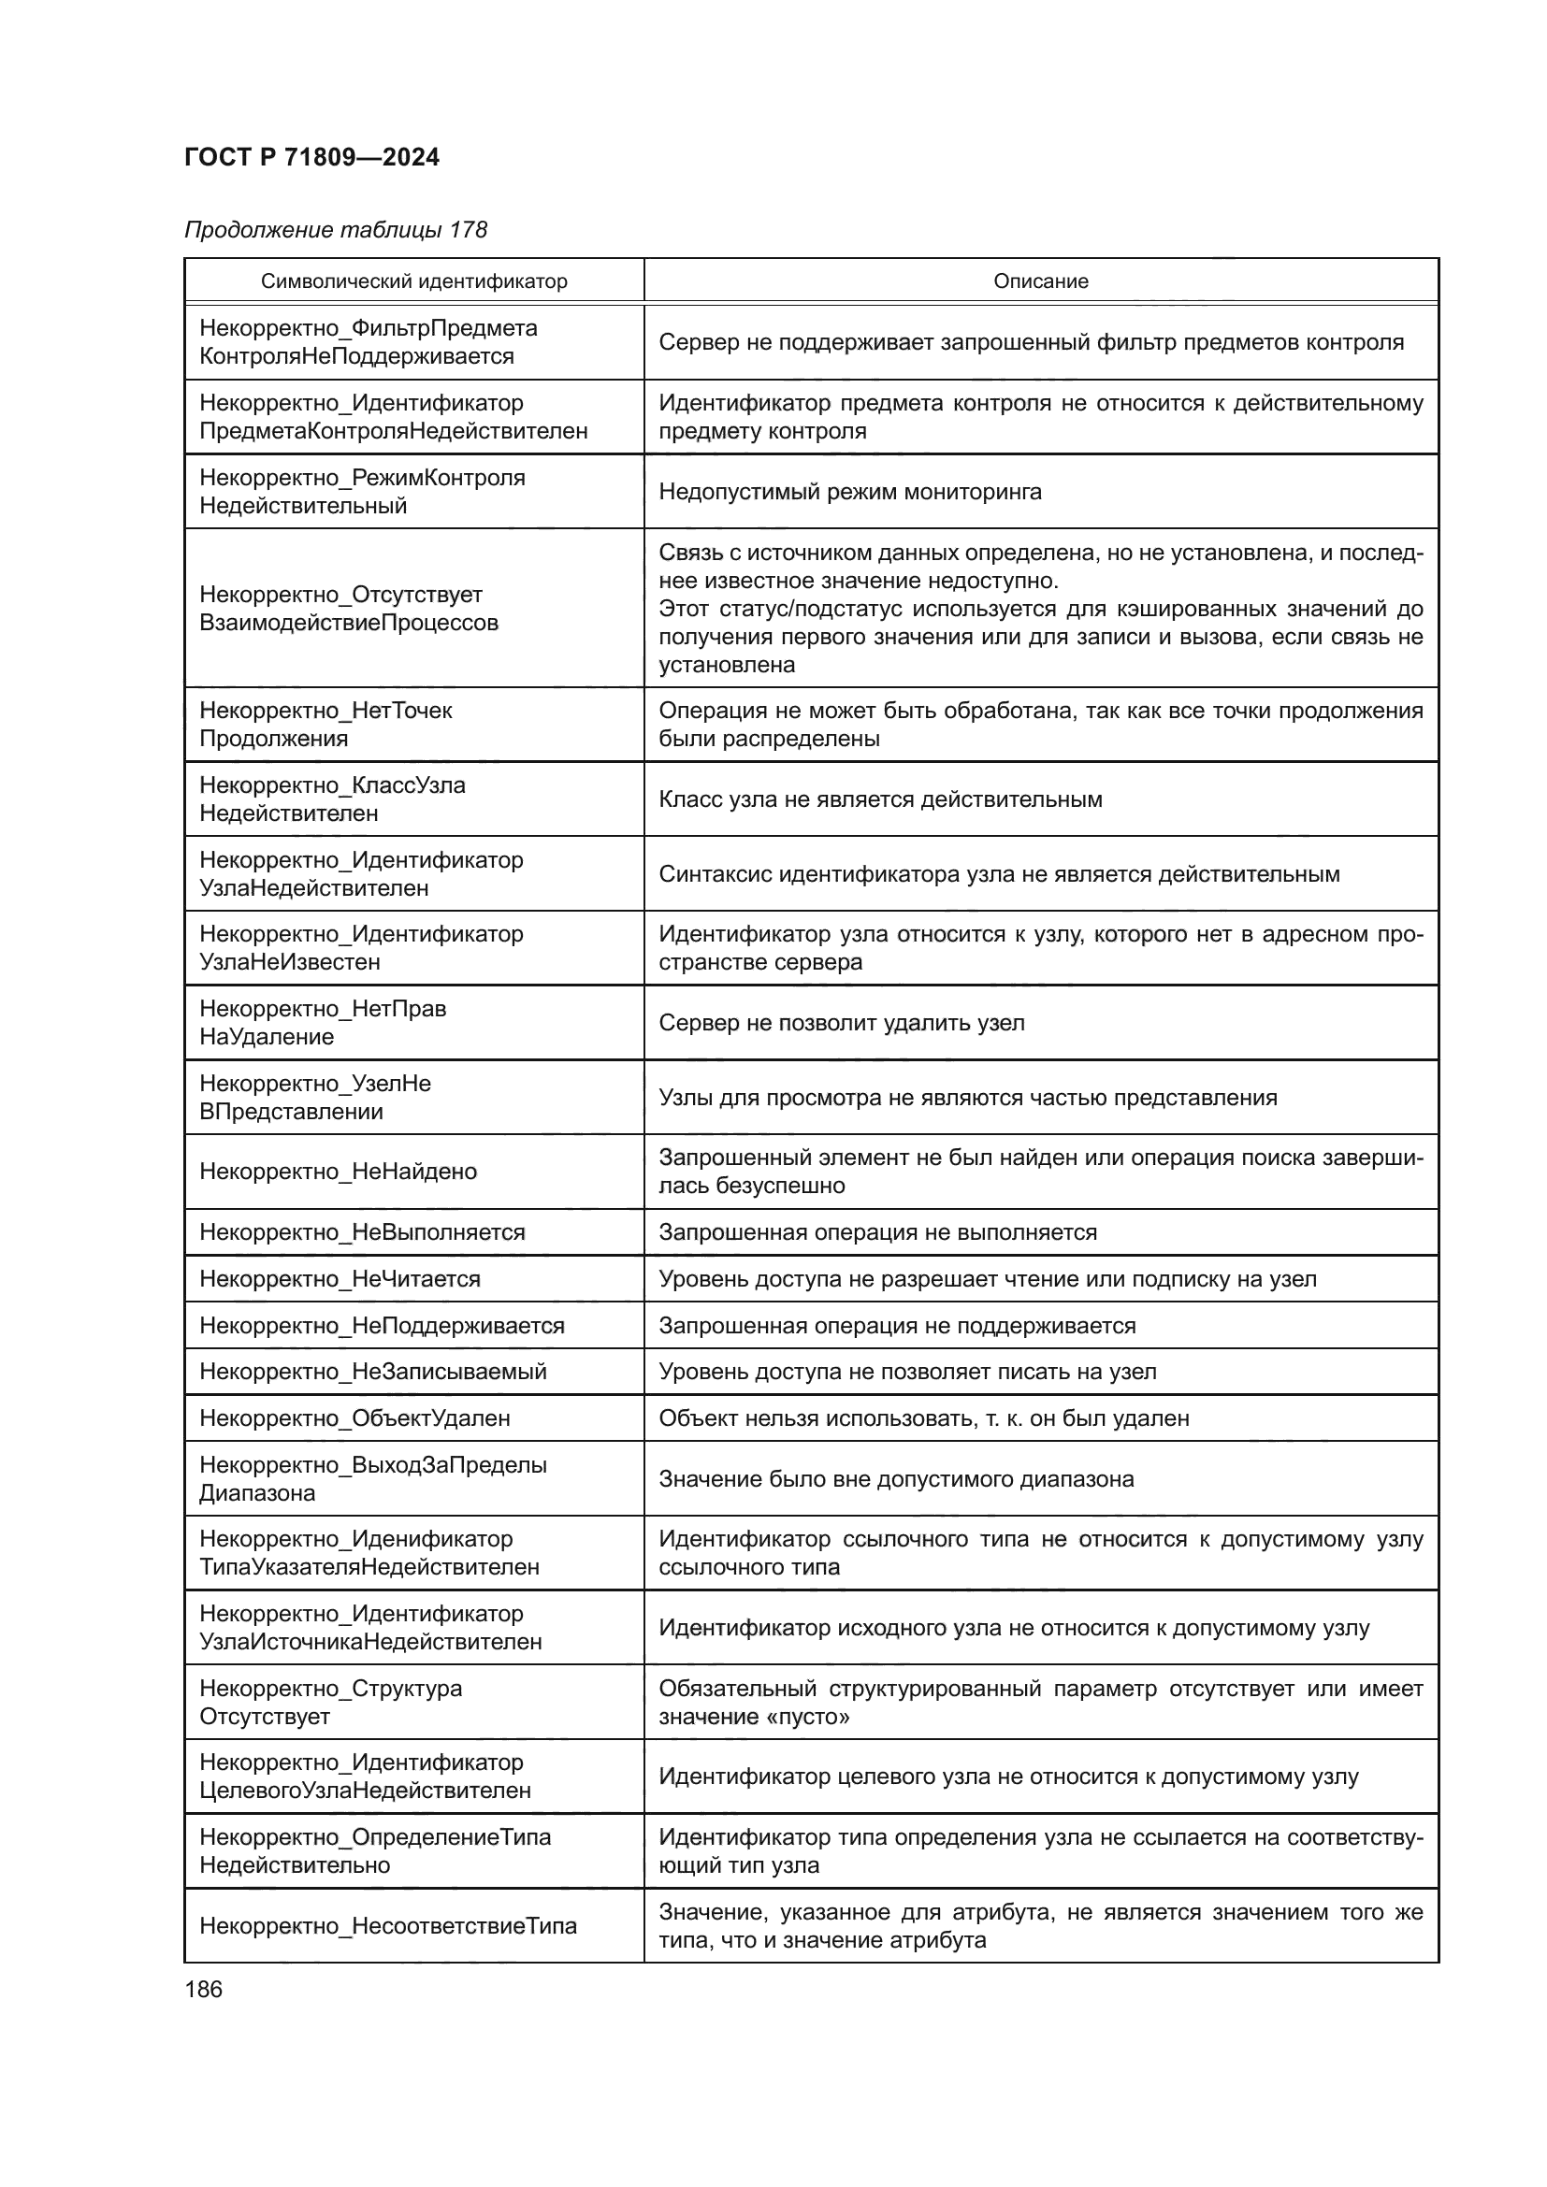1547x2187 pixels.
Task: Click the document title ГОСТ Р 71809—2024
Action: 311,157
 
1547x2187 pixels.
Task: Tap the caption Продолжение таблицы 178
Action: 336,230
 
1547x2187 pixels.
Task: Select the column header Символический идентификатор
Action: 413,281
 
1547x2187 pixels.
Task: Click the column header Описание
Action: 1040,281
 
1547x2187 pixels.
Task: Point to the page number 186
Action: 203,1989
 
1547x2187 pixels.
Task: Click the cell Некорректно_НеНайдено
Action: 339,1171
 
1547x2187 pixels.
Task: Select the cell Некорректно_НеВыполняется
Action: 362,1231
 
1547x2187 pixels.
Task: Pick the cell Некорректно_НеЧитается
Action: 340,1278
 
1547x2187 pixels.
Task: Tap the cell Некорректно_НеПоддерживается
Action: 381,1325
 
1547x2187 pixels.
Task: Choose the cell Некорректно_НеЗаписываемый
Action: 372,1371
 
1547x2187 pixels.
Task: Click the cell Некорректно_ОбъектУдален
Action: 354,1417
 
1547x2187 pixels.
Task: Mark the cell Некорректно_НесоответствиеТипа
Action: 388,1926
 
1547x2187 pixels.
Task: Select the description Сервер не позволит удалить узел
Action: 841,1022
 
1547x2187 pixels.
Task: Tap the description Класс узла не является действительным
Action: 880,799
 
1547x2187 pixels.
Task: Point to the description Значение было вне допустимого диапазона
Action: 895,1478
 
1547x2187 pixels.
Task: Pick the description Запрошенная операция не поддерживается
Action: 896,1325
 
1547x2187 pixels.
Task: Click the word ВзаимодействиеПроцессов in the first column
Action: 349,623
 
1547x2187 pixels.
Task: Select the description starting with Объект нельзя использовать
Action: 923,1417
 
